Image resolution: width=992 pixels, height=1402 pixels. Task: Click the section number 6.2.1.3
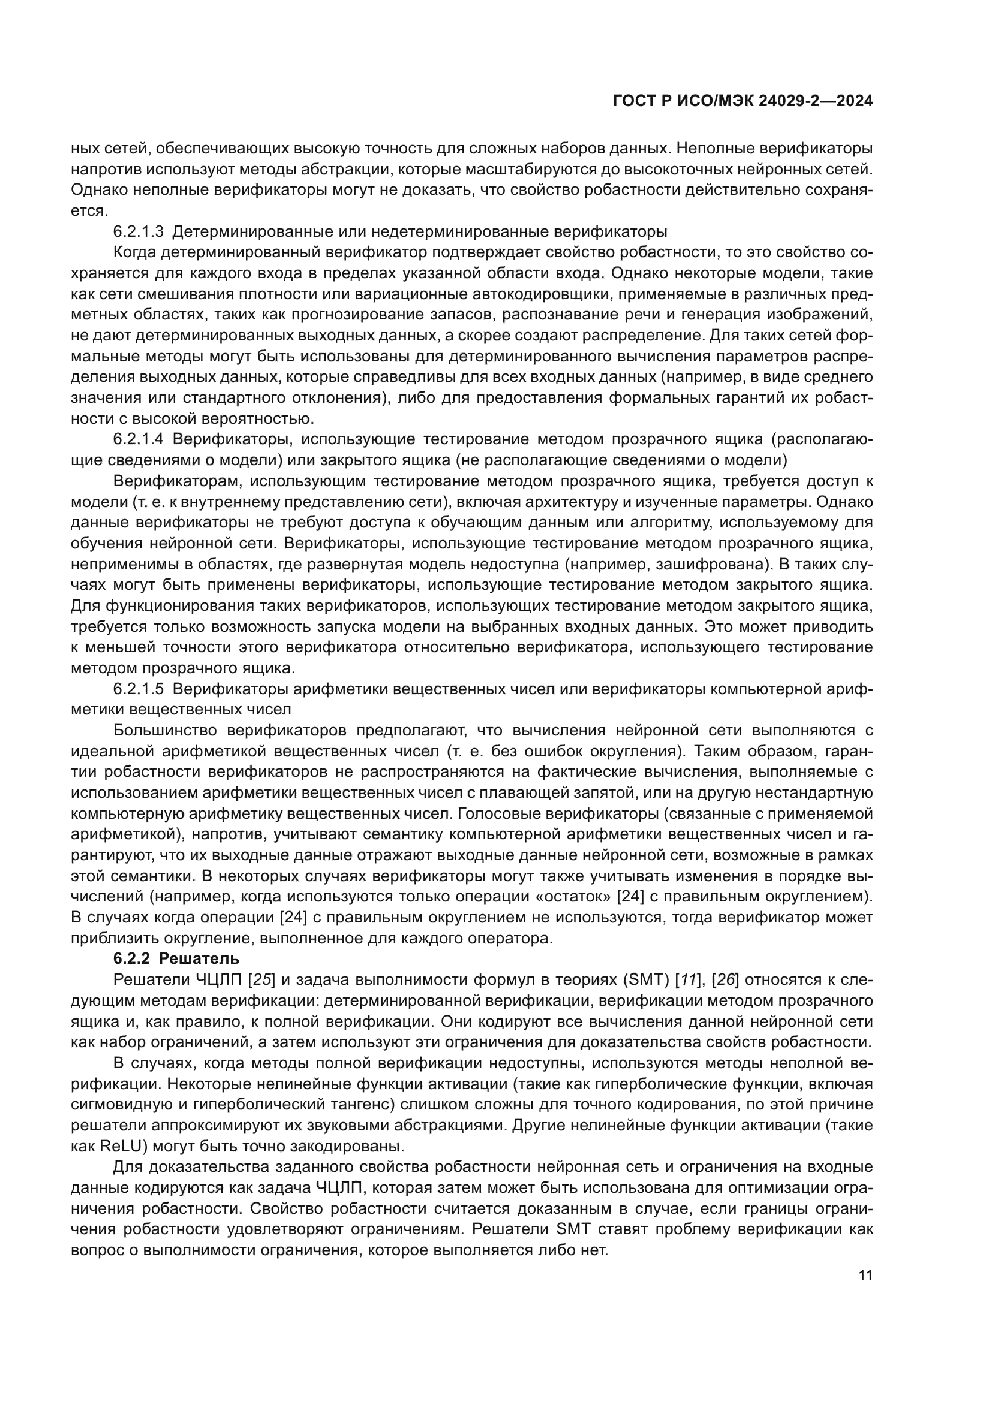[139, 231]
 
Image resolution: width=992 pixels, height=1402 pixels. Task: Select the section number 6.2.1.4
[139, 439]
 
